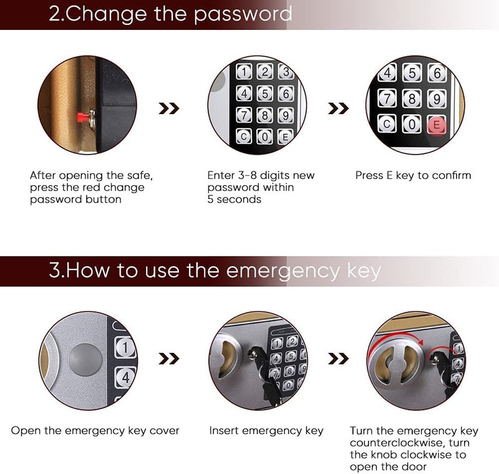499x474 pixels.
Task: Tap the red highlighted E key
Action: [437, 125]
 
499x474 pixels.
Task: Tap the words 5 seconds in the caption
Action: [234, 200]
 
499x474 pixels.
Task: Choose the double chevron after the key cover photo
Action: [169, 359]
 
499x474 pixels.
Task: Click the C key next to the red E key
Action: [387, 125]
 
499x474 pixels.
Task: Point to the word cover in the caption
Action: [165, 430]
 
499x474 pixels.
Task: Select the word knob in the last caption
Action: [383, 455]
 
